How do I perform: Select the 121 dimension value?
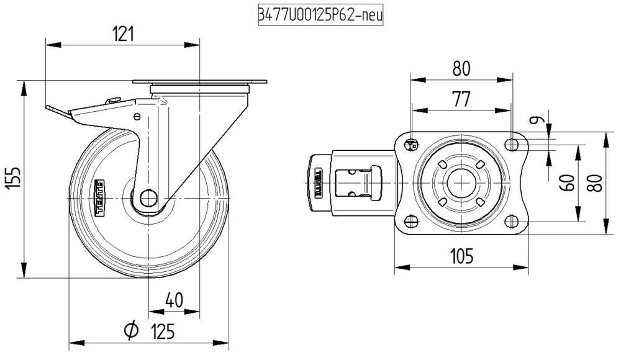coord(123,34)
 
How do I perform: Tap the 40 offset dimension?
coord(175,300)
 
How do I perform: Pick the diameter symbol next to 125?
coord(131,331)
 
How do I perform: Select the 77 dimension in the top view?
coord(461,99)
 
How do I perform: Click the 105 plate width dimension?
coord(461,255)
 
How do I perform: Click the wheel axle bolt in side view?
coord(147,199)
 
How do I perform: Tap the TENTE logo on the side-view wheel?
coord(100,198)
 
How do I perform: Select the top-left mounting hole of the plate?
coord(410,145)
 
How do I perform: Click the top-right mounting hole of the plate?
coord(511,145)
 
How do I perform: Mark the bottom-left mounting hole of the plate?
coord(410,222)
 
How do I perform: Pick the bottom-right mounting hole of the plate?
coord(511,222)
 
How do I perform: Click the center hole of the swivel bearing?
coord(461,183)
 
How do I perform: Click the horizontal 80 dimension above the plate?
coord(461,68)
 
